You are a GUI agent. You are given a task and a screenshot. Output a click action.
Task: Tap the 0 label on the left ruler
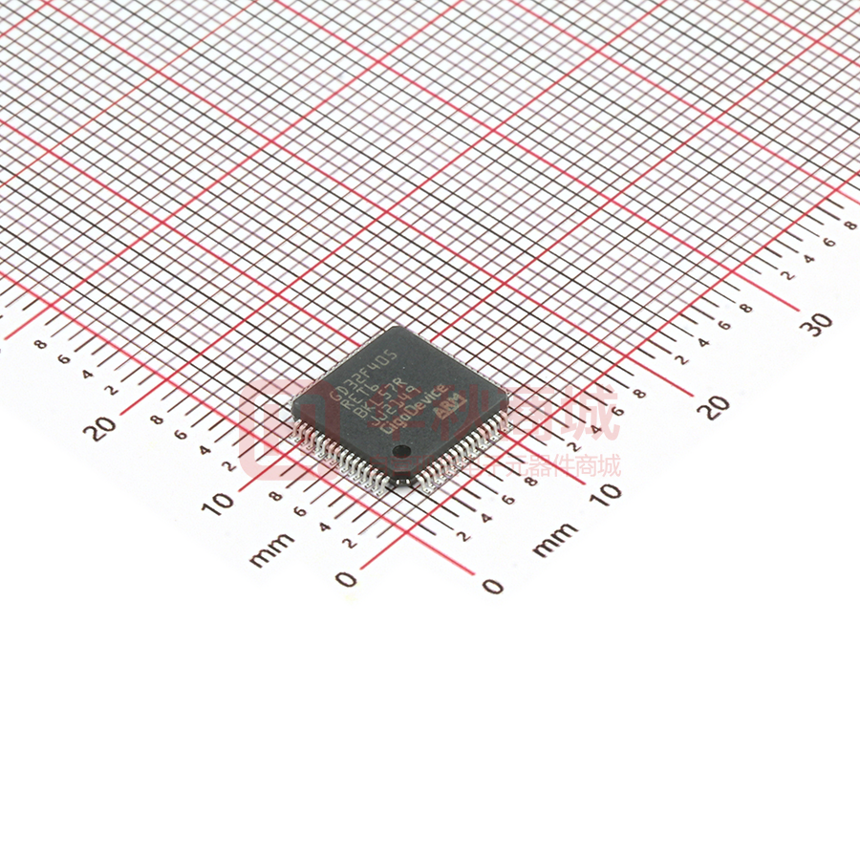346,578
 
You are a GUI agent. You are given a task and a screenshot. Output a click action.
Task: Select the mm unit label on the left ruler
271,551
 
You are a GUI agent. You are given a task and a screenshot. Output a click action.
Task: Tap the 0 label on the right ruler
493,585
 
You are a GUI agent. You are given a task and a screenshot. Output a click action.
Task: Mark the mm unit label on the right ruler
554,539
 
